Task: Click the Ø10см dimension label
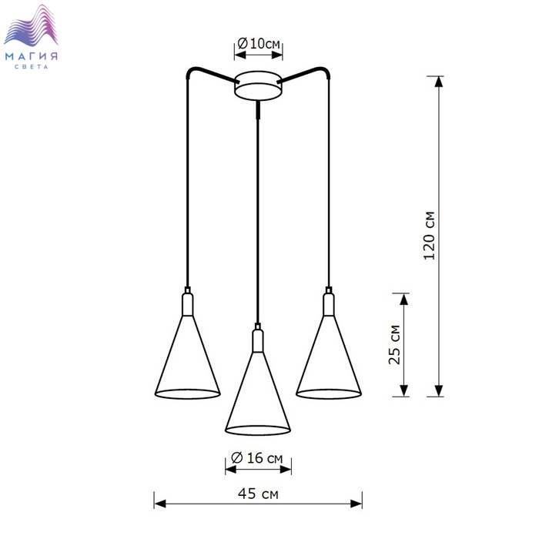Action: [x=259, y=44]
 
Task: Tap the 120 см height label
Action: [x=429, y=236]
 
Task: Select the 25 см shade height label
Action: [x=394, y=344]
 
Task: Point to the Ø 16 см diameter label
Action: [x=256, y=458]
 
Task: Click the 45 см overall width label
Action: [x=258, y=494]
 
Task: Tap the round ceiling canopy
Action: [x=258, y=86]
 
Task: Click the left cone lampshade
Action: [x=187, y=357]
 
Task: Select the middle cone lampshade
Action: [x=258, y=393]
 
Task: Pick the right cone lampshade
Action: [x=329, y=357]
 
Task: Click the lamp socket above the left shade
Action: [x=187, y=302]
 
